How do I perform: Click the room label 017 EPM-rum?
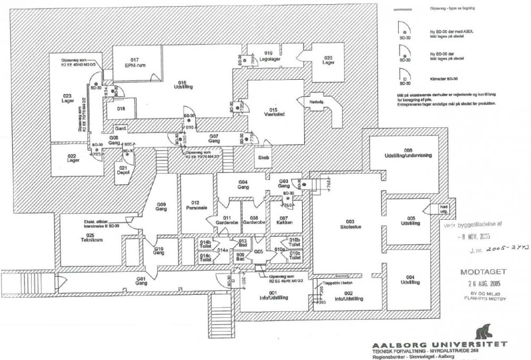[x=135, y=62]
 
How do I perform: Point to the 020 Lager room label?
[x=328, y=60]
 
